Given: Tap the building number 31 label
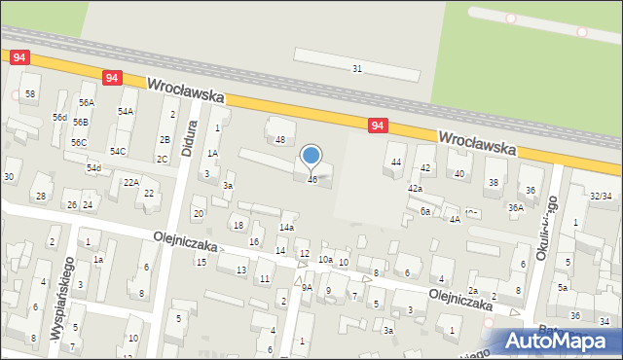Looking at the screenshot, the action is coord(357,68).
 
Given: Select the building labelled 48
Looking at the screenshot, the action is coord(280,140).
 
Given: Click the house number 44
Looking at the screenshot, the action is coord(395,162).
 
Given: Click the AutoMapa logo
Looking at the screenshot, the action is coord(558,341).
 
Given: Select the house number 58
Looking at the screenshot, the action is coord(30,93).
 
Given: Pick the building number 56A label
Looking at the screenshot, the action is coord(88,102).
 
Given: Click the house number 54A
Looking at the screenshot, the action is coord(126,112).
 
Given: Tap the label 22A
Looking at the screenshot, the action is coord(130,182).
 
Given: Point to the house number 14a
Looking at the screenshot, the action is coord(286,227).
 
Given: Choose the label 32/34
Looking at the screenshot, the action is coord(601,196).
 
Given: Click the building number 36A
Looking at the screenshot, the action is coord(515,207).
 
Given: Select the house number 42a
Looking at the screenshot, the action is coord(415,188).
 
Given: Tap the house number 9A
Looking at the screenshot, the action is coord(307,287).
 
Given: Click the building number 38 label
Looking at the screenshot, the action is coord(493,182).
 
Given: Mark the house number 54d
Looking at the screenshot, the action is coord(93,167).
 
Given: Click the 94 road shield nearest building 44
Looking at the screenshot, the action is coord(379,126).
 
